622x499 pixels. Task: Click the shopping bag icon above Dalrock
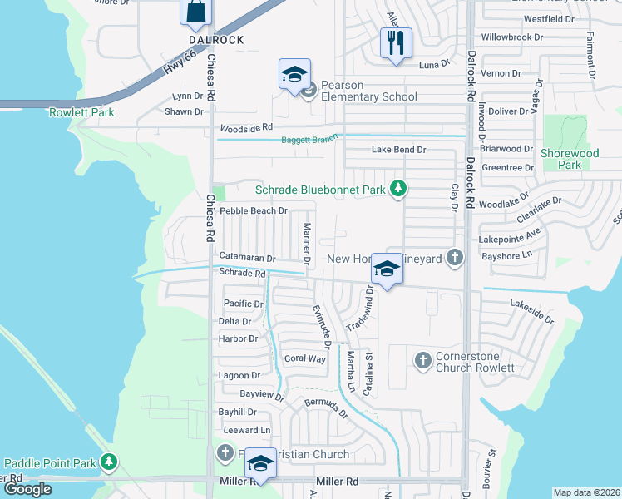click(195, 12)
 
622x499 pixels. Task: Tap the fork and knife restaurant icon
click(396, 42)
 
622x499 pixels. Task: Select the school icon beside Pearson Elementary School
click(294, 75)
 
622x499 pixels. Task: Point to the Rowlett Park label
click(81, 112)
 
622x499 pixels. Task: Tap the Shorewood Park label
click(569, 159)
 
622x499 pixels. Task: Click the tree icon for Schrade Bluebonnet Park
click(398, 190)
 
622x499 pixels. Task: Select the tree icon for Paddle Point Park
click(109, 462)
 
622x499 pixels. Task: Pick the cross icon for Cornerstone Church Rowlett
click(422, 360)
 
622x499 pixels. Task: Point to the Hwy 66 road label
click(179, 64)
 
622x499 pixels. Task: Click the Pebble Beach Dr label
click(253, 211)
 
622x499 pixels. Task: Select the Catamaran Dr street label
click(247, 259)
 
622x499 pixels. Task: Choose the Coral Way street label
click(304, 359)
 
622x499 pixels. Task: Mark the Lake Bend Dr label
click(398, 150)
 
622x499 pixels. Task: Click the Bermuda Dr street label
click(325, 408)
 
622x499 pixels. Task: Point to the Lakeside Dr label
click(531, 312)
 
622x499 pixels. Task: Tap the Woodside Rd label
click(245, 128)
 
